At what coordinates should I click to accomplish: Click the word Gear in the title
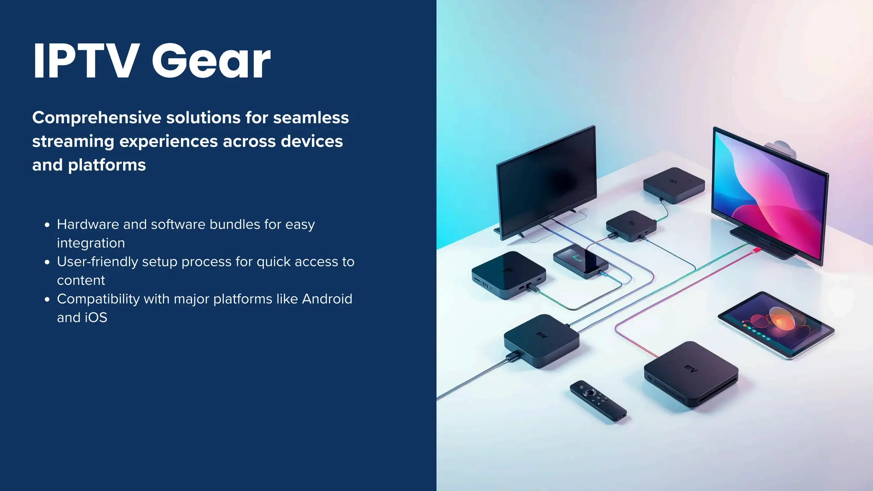tap(211, 61)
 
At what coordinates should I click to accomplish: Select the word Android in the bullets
tap(327, 299)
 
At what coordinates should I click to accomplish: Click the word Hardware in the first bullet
tap(88, 224)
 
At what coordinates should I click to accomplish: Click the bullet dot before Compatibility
tap(47, 300)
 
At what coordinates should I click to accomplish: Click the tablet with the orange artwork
tap(776, 324)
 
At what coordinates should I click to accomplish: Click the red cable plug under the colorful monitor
tap(755, 250)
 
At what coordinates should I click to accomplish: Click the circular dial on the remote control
tap(590, 392)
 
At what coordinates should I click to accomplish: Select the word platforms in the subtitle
tap(107, 165)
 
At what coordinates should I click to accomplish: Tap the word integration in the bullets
tap(91, 243)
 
